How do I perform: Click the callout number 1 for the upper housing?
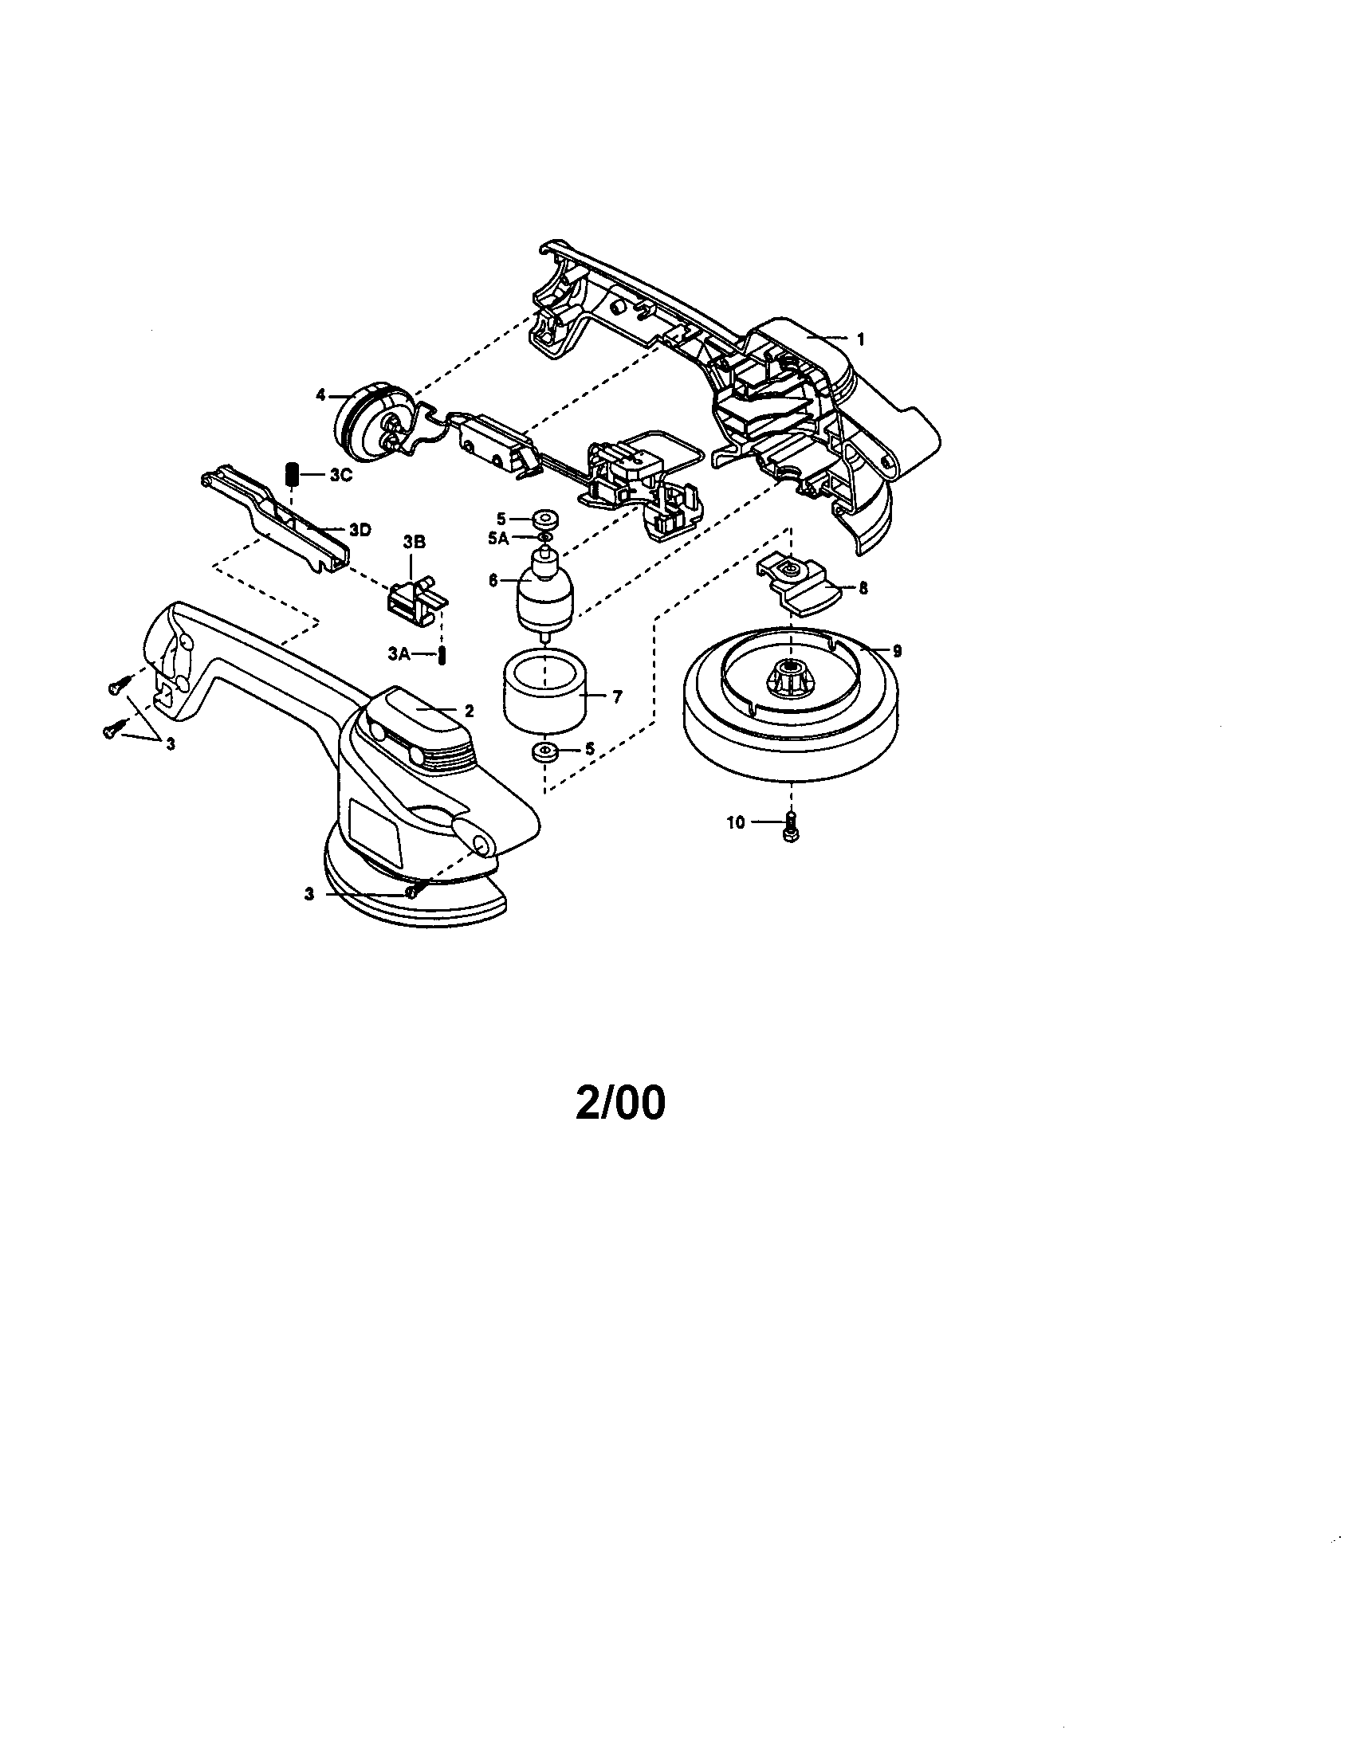861,339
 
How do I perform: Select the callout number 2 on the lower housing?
469,710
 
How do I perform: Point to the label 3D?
360,530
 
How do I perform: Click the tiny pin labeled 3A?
441,656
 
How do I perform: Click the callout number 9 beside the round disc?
897,651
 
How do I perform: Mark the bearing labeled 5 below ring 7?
545,754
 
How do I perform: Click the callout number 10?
737,823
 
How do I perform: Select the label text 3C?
341,474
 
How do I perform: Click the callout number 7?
617,697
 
